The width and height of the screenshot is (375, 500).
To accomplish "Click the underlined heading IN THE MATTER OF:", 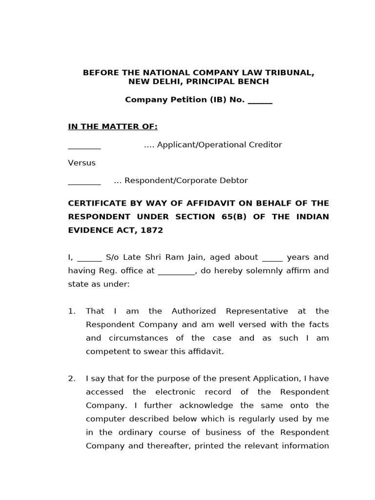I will [x=113, y=127].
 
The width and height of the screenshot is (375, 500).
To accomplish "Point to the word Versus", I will [x=82, y=163].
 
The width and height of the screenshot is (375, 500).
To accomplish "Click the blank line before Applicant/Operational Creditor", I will [x=84, y=146].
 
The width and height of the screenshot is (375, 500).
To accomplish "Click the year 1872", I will [x=151, y=230].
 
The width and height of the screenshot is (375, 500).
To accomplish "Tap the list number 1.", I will [x=71, y=311].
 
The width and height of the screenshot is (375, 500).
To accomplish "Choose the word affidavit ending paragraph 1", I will [x=206, y=352].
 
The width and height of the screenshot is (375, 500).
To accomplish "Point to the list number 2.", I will [x=71, y=378].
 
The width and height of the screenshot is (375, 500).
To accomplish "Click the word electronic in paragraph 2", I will [x=176, y=392].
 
